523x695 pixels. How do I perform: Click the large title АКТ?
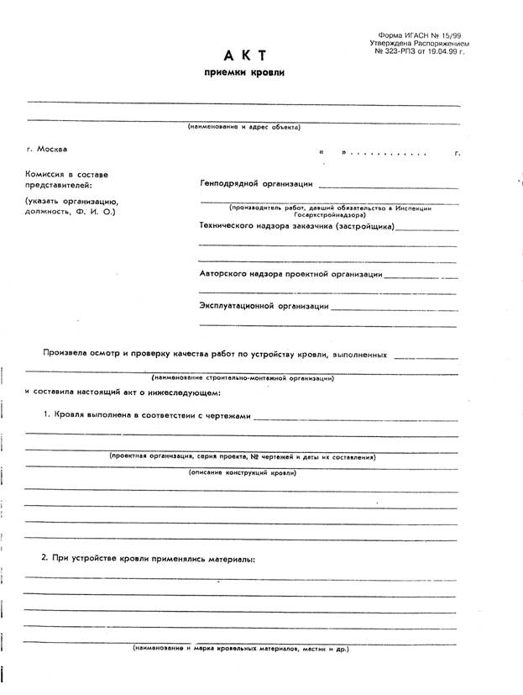tap(245, 55)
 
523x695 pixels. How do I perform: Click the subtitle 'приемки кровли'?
tap(245, 73)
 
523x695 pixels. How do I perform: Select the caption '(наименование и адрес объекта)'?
tap(243, 128)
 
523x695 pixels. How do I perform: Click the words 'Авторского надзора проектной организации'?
tap(291, 273)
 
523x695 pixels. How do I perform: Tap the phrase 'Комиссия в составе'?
tap(67, 174)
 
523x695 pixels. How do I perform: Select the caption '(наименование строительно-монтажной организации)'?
tap(243, 378)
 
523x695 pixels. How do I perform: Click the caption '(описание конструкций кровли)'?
tap(243, 472)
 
